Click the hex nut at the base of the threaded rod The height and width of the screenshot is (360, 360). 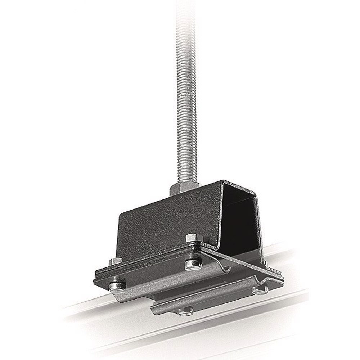point(184,188)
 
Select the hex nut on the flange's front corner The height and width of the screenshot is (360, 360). point(194,238)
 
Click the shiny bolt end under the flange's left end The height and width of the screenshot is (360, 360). point(117,287)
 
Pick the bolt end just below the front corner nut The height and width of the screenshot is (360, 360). point(193,265)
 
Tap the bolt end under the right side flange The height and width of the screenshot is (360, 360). point(260,290)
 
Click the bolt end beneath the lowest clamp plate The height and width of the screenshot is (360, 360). point(185,311)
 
